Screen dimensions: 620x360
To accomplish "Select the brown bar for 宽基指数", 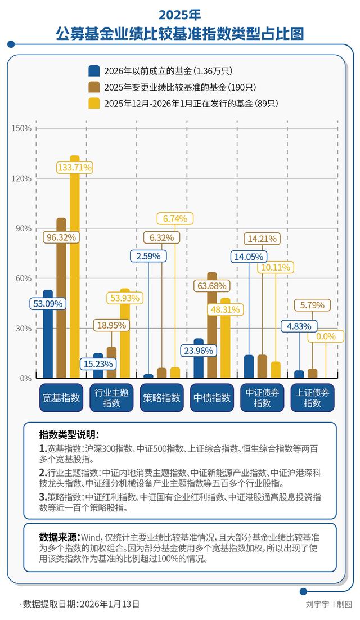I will coord(61,298).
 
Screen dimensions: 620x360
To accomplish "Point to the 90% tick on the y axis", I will coord(24,228).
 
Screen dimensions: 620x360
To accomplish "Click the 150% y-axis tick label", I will coord(22,128).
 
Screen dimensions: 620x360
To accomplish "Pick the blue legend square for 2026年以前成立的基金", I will coord(94,71).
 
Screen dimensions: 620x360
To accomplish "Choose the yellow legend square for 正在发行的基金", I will coord(94,103).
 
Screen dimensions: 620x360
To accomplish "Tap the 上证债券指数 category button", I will coord(313,398).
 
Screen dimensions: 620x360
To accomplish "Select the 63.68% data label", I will coord(212,286).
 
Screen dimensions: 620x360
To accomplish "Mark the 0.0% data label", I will coord(326,336).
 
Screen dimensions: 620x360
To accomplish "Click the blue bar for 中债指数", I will coord(199,358).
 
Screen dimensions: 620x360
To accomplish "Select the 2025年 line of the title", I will coord(179,14).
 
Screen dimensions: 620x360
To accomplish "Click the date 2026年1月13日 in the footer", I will coord(109,604).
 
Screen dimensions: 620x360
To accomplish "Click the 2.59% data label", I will coord(149,255).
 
